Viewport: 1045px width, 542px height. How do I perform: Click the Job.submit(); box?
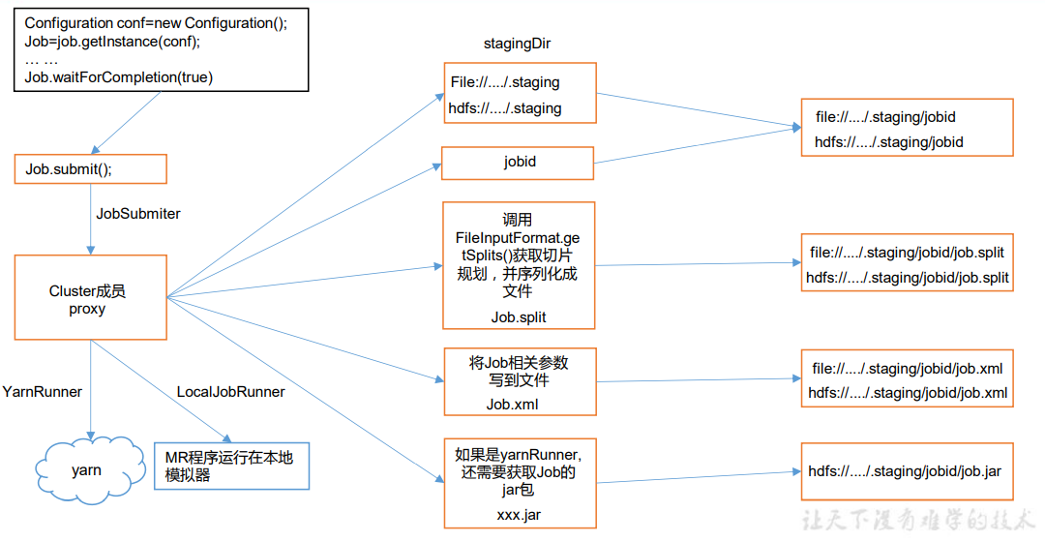[x=90, y=169]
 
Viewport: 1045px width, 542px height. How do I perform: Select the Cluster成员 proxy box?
[x=90, y=298]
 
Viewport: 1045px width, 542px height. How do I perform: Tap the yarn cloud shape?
[x=86, y=470]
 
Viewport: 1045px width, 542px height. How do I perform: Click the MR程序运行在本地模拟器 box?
[x=230, y=467]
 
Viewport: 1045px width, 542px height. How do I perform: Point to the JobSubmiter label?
[x=138, y=213]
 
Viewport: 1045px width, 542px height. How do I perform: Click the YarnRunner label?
[x=43, y=392]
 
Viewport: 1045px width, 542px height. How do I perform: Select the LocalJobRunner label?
[x=230, y=392]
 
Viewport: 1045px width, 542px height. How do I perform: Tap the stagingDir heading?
[x=517, y=45]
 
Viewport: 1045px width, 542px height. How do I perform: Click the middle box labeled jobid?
[x=518, y=163]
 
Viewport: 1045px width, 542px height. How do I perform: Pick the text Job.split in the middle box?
[x=518, y=316]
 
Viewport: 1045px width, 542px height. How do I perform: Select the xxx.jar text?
[x=519, y=514]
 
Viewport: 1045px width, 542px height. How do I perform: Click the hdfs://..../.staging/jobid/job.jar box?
[x=906, y=471]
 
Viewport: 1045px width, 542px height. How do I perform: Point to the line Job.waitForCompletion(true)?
[x=118, y=76]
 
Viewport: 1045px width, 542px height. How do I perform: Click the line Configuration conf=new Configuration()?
[x=156, y=23]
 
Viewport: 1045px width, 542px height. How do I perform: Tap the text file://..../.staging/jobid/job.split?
[x=907, y=253]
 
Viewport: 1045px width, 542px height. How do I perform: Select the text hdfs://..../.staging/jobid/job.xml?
[x=908, y=393]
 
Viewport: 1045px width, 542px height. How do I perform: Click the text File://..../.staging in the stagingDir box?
[x=505, y=82]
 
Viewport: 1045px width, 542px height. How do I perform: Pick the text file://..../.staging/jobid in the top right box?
[x=885, y=117]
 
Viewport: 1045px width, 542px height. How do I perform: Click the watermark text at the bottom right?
[x=919, y=520]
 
